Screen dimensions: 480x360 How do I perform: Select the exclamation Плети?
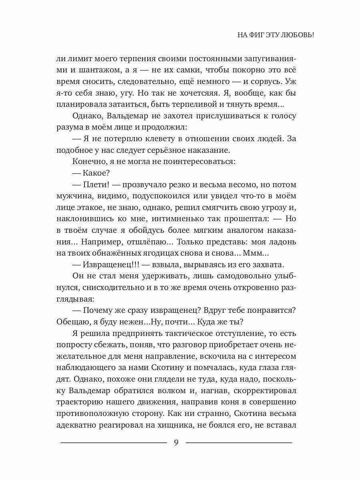(96, 185)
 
